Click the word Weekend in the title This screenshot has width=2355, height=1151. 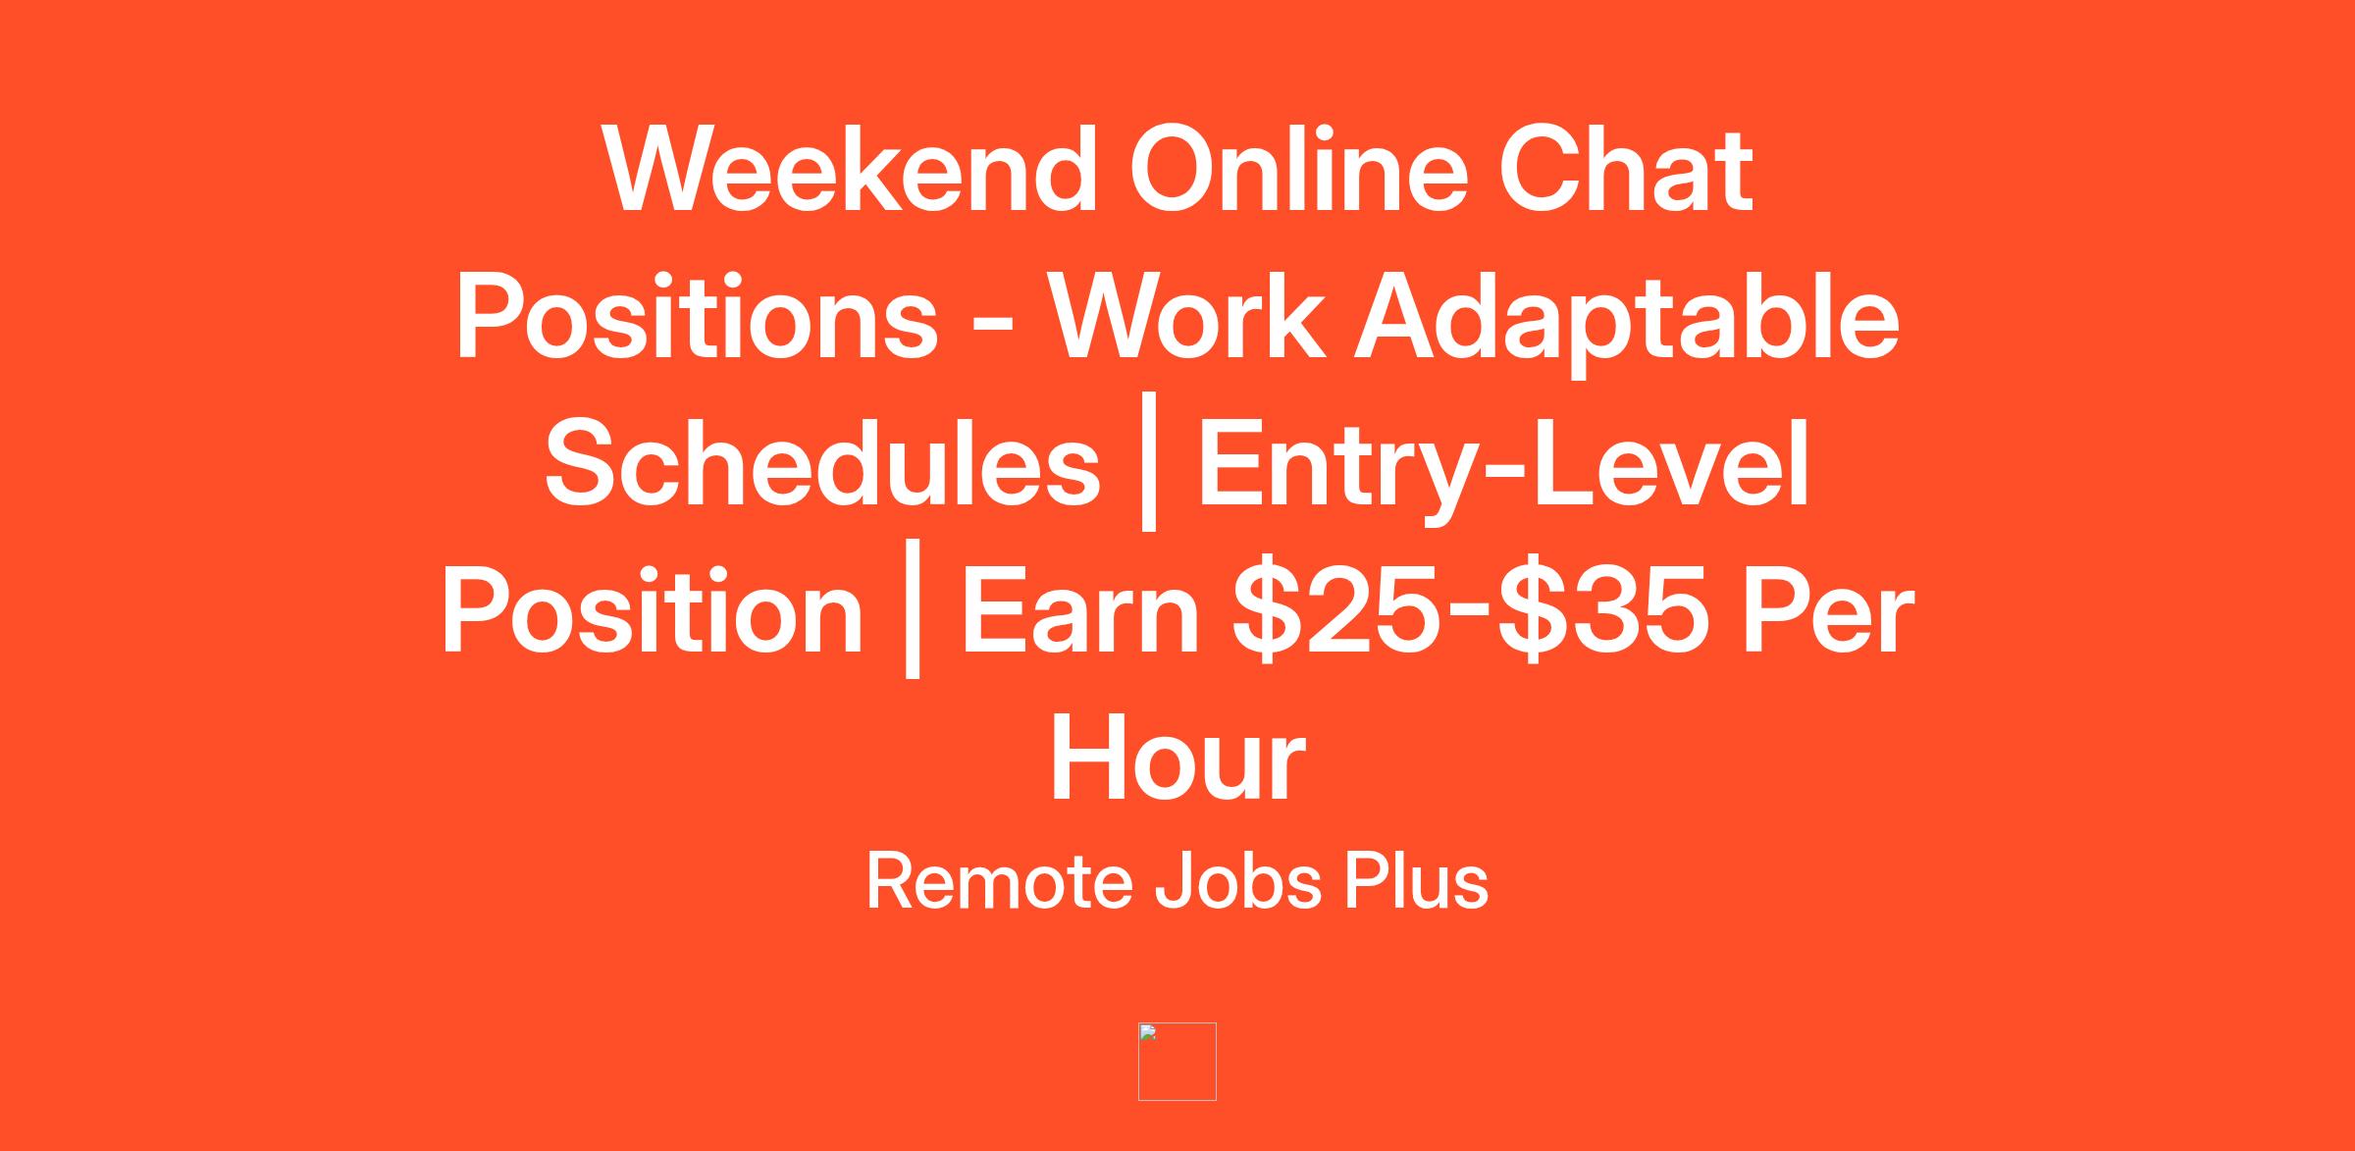[851, 169]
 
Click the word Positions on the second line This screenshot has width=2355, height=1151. [697, 317]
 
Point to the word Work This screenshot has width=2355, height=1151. [1186, 317]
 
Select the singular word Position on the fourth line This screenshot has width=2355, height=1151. [652, 610]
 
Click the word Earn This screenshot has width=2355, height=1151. [1080, 610]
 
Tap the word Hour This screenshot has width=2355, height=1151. [1177, 759]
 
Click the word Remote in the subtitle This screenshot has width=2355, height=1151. [999, 881]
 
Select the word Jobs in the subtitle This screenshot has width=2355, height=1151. [1238, 881]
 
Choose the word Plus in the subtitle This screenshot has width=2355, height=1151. [1416, 881]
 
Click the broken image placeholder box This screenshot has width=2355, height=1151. [1177, 1062]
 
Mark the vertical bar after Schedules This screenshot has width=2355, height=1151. [1149, 461]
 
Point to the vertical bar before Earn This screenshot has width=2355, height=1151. [913, 609]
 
